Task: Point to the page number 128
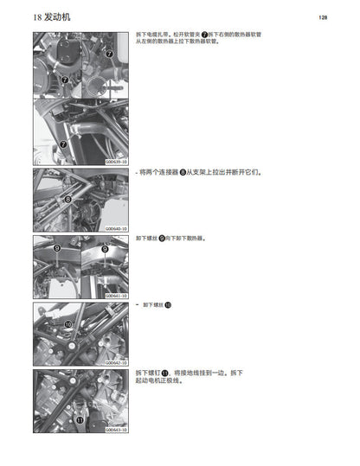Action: point(322,16)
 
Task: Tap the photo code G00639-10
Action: point(116,160)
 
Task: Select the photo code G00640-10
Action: point(116,228)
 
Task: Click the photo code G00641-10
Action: point(116,296)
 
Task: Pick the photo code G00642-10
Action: point(116,362)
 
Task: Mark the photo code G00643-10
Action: point(116,429)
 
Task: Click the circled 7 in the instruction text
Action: point(205,34)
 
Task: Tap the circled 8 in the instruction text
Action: point(183,171)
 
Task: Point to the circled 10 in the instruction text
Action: point(168,305)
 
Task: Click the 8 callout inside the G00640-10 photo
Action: point(67,199)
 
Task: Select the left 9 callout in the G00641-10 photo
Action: point(57,248)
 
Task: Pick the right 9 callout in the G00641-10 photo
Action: point(105,248)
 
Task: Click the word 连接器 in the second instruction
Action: point(168,171)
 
